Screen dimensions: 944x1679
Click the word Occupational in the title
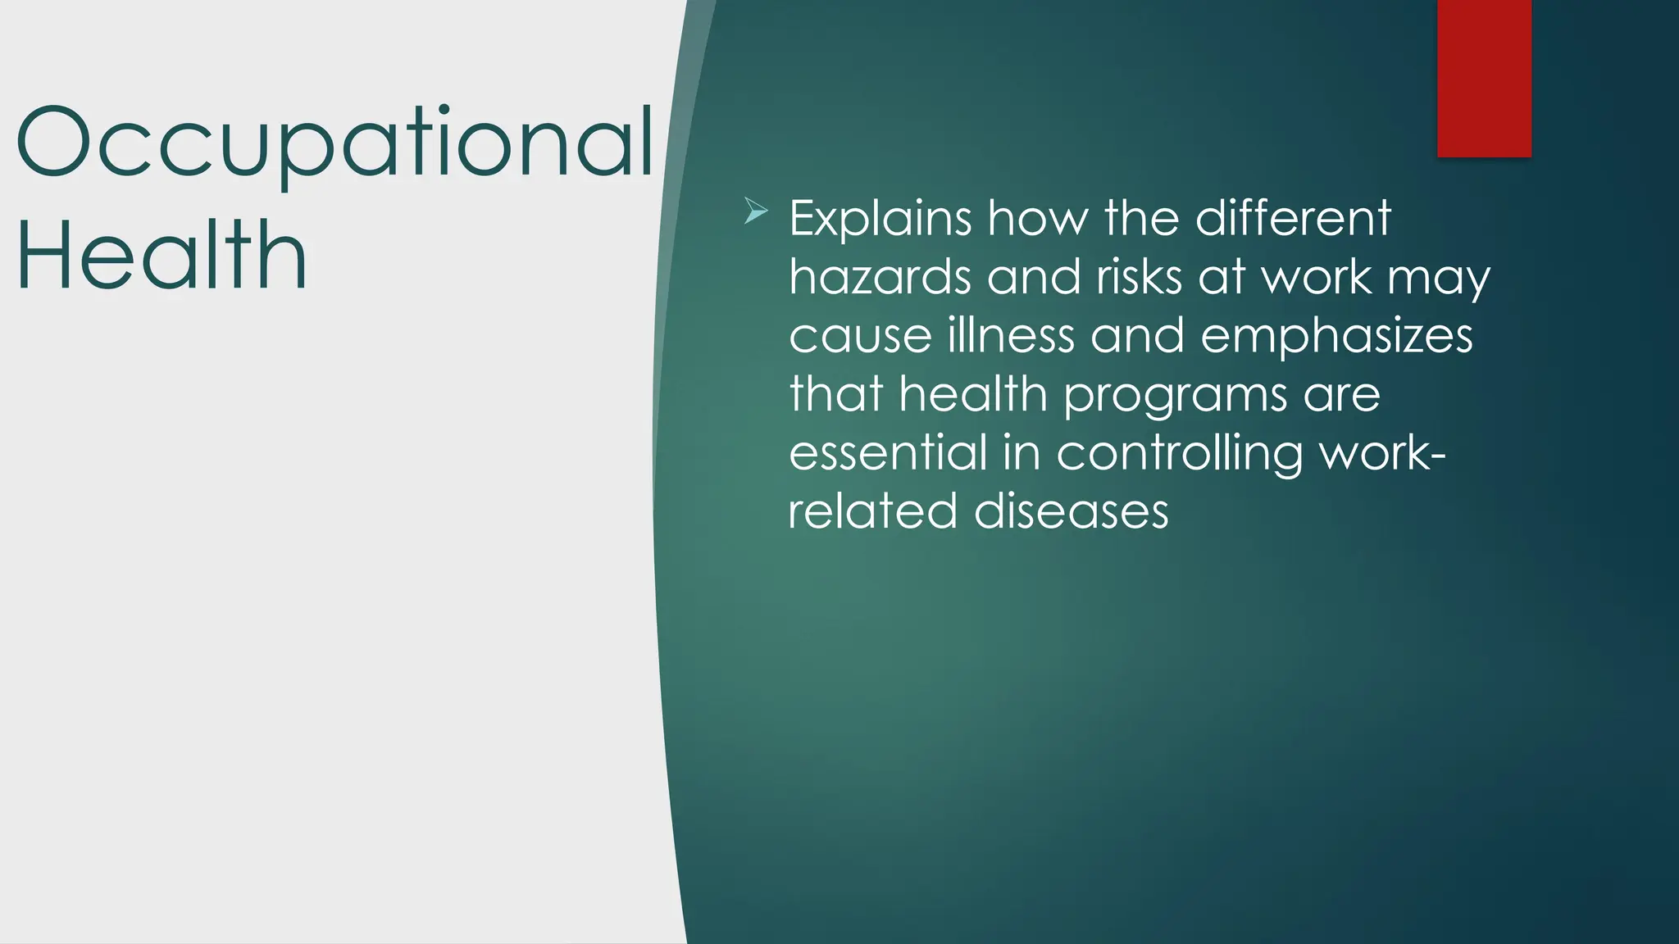coord(334,145)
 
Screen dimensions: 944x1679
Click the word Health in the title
coord(162,257)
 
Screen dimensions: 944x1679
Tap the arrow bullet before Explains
coord(755,212)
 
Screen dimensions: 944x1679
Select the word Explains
coord(880,220)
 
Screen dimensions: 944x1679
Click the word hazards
coord(880,277)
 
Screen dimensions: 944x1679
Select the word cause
coord(861,336)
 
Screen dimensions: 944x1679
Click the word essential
coord(888,453)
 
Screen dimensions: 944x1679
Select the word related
coord(872,511)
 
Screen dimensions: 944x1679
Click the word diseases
coord(1071,511)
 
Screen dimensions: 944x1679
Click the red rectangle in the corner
coord(1484,78)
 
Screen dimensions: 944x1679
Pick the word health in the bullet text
coord(973,394)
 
